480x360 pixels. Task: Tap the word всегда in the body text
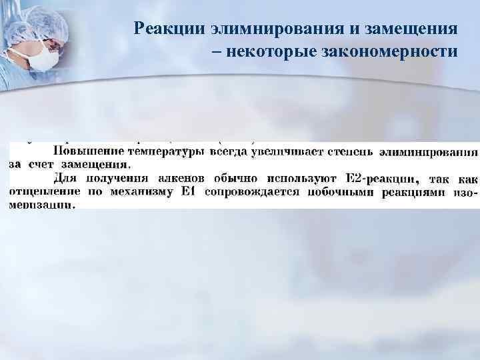click(x=228, y=151)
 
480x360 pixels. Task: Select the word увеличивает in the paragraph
click(x=285, y=151)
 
